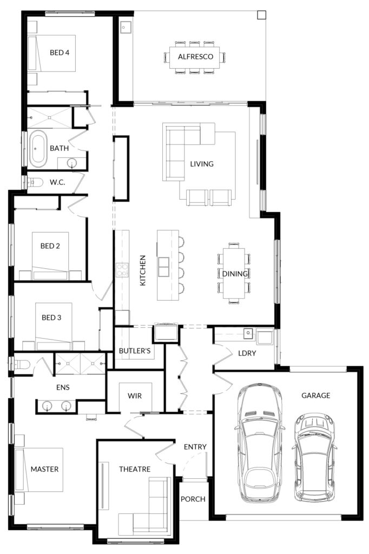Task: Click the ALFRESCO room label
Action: [x=195, y=56]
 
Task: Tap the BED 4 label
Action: [x=60, y=52]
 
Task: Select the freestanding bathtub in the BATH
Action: [x=38, y=149]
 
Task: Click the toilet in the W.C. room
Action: [x=35, y=182]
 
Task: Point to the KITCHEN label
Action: [x=143, y=271]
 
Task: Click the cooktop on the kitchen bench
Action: [x=122, y=270]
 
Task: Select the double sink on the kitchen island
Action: [x=163, y=267]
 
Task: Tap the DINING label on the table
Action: [x=235, y=273]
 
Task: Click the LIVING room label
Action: [x=202, y=164]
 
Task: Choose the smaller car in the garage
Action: [x=314, y=458]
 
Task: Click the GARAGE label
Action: [x=315, y=395]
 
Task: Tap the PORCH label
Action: [x=193, y=499]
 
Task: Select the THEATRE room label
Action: [x=135, y=469]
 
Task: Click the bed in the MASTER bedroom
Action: [x=39, y=470]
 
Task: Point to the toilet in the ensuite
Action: [x=21, y=364]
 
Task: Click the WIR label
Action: [x=135, y=396]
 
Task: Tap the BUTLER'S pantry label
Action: [x=135, y=351]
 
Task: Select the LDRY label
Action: [x=247, y=353]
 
